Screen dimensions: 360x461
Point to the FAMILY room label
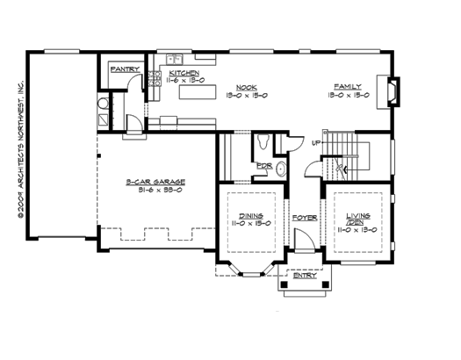tap(346, 86)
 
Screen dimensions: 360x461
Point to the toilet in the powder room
tap(263, 143)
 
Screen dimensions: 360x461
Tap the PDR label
tap(262, 166)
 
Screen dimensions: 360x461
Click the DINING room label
tap(249, 215)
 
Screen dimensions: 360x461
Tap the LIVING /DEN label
tap(357, 219)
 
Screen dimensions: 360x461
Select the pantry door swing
tap(133, 83)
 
